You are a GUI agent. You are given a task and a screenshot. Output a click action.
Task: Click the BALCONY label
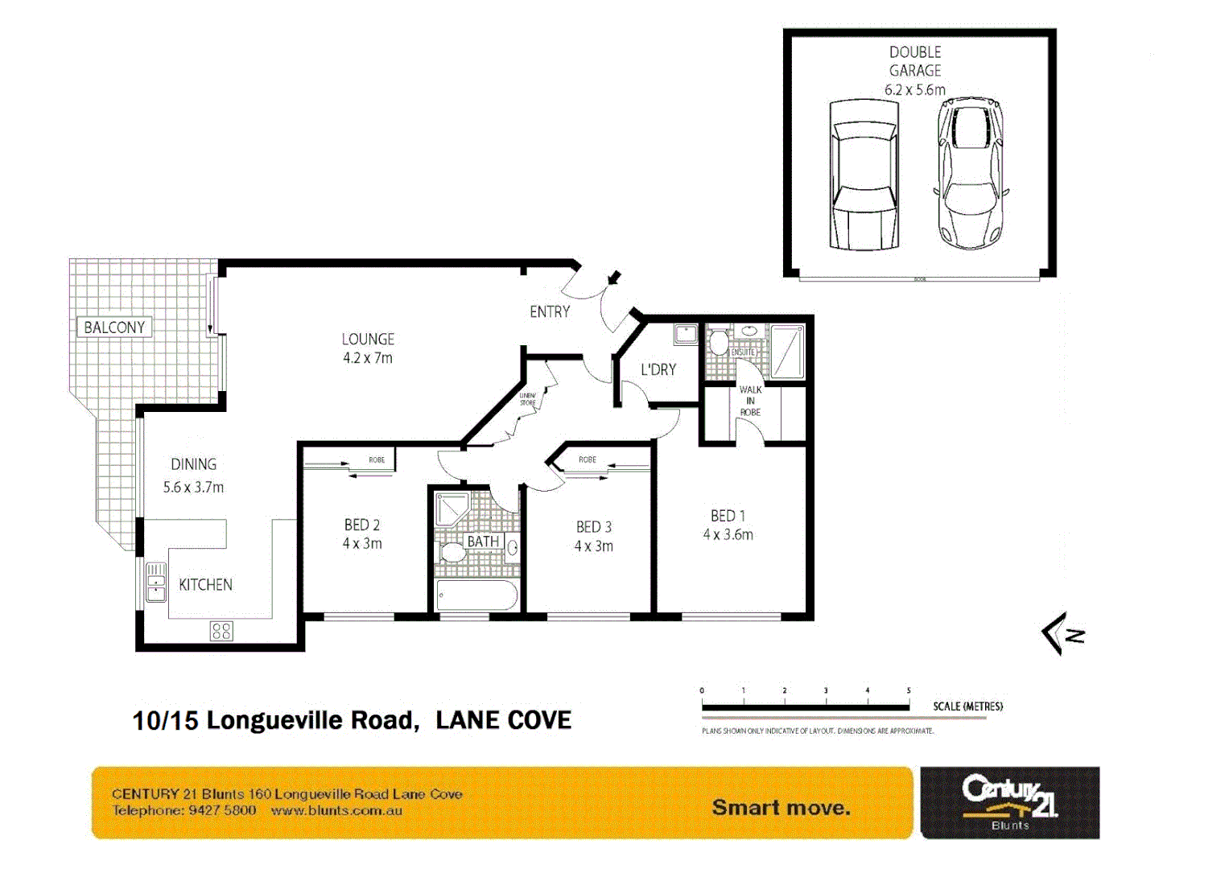pyautogui.click(x=114, y=327)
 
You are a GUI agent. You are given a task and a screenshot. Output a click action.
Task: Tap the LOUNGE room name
pyautogui.click(x=368, y=340)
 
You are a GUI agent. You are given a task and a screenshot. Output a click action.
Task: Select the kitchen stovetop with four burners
pyautogui.click(x=221, y=631)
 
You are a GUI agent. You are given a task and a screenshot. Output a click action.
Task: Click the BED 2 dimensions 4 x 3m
pyautogui.click(x=362, y=544)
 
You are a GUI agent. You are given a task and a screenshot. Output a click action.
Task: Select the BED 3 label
pyautogui.click(x=593, y=527)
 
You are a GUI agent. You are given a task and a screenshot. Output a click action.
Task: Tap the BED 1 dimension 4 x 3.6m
pyautogui.click(x=728, y=535)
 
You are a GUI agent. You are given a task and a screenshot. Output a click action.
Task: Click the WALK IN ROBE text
pyautogui.click(x=750, y=401)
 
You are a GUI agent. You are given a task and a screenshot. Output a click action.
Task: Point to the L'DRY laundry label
pyautogui.click(x=658, y=370)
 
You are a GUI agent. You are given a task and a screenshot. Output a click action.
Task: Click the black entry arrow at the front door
pyautogui.click(x=614, y=278)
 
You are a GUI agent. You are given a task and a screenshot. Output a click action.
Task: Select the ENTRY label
pyautogui.click(x=550, y=312)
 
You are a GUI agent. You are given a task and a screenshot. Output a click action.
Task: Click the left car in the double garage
pyautogui.click(x=864, y=175)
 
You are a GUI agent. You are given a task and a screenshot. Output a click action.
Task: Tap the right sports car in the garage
pyautogui.click(x=971, y=173)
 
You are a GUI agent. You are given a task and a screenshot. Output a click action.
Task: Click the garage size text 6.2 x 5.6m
pyautogui.click(x=915, y=90)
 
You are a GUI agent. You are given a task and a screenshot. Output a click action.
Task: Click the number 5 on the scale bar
pyautogui.click(x=909, y=690)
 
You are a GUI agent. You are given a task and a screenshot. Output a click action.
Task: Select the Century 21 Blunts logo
pyautogui.click(x=1009, y=802)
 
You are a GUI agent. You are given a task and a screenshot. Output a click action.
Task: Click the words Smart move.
pyautogui.click(x=781, y=808)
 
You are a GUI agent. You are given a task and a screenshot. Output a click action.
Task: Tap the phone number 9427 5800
pyautogui.click(x=222, y=811)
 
